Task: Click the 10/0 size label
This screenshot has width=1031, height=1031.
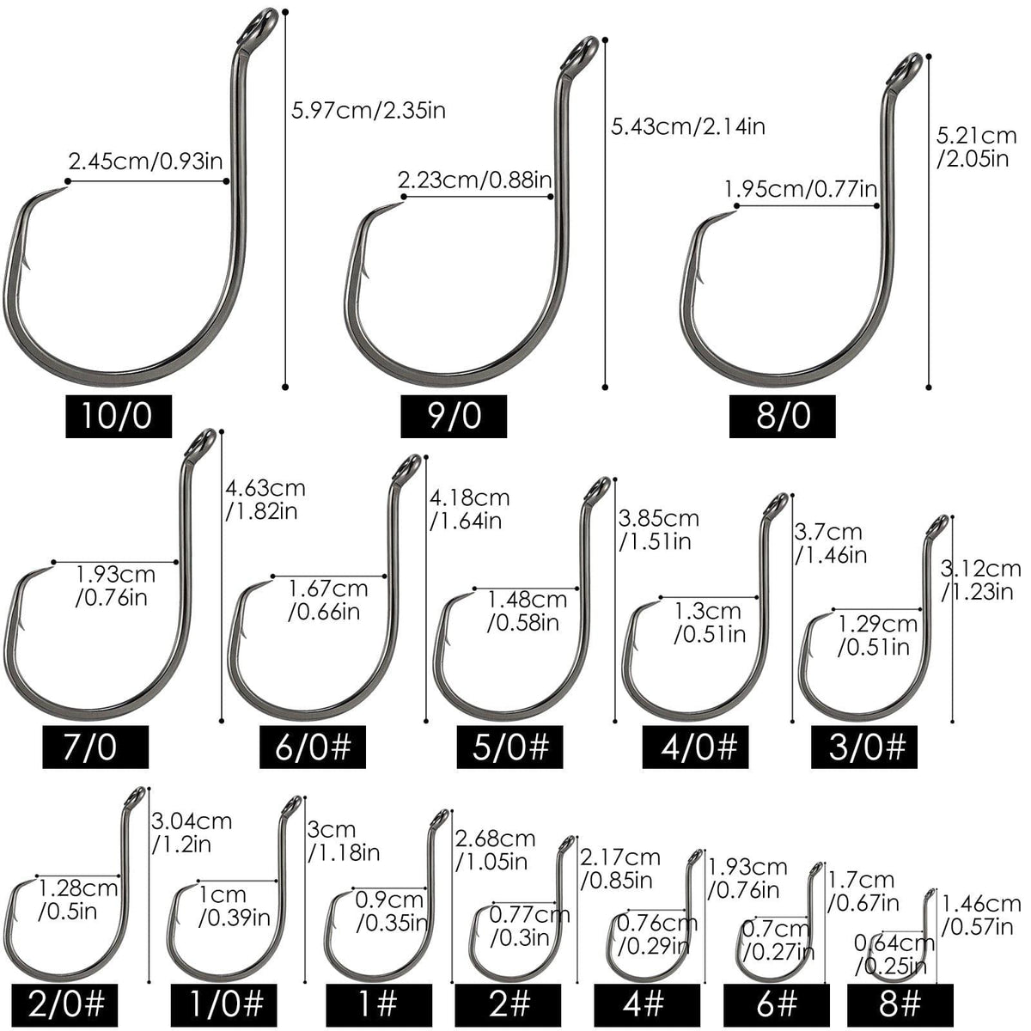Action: pyautogui.click(x=119, y=416)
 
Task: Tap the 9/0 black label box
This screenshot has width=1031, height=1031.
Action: pyautogui.click(x=453, y=416)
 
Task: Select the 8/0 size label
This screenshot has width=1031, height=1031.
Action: pyautogui.click(x=782, y=416)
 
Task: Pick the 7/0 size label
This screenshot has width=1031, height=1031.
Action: pyautogui.click(x=95, y=747)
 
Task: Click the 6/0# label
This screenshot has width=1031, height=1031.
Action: pyautogui.click(x=313, y=747)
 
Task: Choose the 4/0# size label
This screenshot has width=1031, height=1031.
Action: pyautogui.click(x=695, y=747)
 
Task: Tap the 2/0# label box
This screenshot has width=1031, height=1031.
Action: pyautogui.click(x=64, y=1004)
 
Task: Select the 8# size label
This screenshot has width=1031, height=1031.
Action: pyautogui.click(x=900, y=1004)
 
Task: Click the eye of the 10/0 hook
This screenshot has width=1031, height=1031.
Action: pyautogui.click(x=259, y=27)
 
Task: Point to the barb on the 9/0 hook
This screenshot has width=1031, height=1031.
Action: pyautogui.click(x=367, y=270)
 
